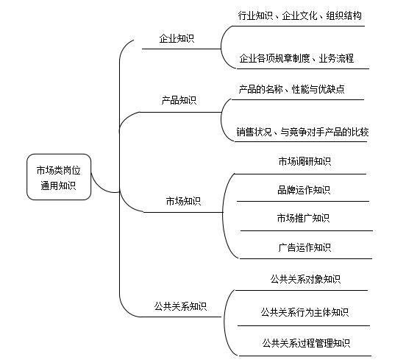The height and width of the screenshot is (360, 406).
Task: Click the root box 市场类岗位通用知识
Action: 59,177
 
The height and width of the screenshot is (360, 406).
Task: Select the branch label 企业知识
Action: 177,38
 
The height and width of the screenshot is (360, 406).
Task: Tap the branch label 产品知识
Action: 179,100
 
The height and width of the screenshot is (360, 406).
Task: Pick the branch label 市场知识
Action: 183,201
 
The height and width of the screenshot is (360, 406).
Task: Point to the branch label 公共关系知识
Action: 180,306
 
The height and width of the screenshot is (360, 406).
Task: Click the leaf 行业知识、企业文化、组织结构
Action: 300,15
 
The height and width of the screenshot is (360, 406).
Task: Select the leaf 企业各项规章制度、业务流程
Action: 296,58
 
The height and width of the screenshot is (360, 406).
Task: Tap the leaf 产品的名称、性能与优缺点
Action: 291,89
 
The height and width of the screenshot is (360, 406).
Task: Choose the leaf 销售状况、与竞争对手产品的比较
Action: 302,132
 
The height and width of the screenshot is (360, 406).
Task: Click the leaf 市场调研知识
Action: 304,161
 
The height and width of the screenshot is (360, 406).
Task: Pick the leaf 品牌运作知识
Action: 304,190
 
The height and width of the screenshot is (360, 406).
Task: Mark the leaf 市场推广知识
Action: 303,218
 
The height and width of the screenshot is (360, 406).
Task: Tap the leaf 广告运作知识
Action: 304,247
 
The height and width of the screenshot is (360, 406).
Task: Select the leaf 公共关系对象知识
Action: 305,279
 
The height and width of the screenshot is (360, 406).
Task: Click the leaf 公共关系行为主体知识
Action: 304,312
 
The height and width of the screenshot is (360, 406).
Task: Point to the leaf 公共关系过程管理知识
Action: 306,343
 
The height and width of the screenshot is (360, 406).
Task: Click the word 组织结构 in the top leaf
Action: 344,15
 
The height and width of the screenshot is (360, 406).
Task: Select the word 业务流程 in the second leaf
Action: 336,58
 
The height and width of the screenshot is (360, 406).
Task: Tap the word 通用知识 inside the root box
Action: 58,186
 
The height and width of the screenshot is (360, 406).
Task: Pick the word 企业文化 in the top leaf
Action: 299,15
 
